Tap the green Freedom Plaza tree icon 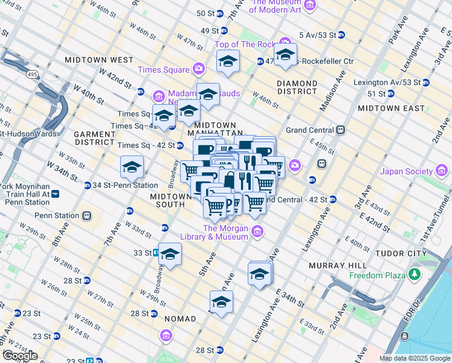click(x=415, y=276)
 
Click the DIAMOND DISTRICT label click(x=297, y=87)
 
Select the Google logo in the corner click(x=20, y=356)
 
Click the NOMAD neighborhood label click(x=179, y=319)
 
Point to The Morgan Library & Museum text click(x=225, y=232)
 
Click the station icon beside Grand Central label click(x=341, y=130)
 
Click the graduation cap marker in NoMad click(x=221, y=302)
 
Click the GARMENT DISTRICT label click(x=94, y=137)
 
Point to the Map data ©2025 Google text click(x=415, y=358)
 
